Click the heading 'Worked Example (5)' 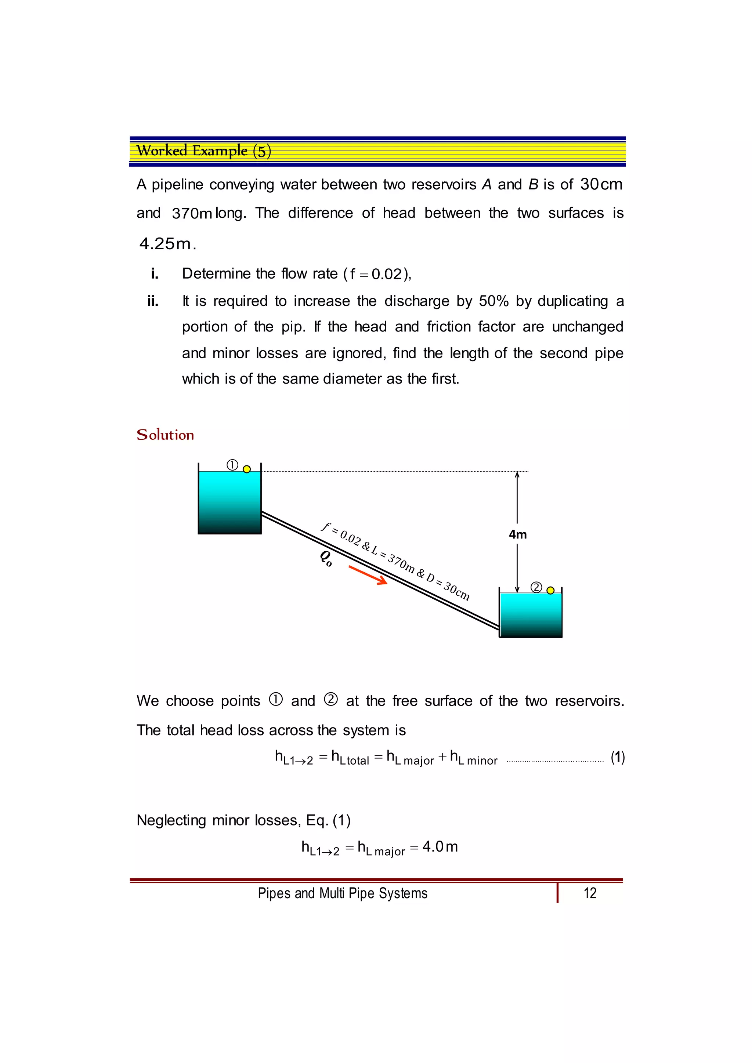point(204,151)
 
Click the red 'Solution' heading point(165,435)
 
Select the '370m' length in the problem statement point(192,213)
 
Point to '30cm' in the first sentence point(601,184)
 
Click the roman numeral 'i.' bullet point(155,273)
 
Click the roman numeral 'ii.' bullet point(153,301)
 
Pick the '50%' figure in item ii point(493,301)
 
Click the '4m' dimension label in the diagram point(518,535)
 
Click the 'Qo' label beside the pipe point(326,558)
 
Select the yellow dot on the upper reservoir point(247,469)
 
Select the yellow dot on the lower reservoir point(550,590)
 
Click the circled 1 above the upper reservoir point(232,465)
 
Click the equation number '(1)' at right point(618,758)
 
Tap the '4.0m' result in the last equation point(440,847)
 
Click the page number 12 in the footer point(590,893)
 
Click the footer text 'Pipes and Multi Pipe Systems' point(343,893)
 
